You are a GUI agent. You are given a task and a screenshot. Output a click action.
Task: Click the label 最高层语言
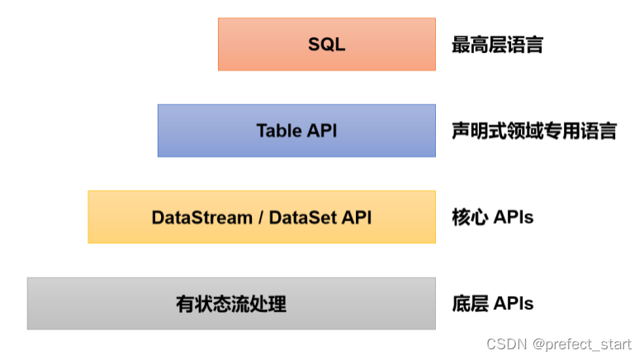[497, 45]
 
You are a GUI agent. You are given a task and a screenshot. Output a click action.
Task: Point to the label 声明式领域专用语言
[533, 130]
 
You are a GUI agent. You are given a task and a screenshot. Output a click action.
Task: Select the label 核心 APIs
[492, 217]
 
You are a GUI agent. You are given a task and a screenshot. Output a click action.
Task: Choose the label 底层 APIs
[492, 304]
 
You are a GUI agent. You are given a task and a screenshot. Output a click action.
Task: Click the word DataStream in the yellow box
[201, 217]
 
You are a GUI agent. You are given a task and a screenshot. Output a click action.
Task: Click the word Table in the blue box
[278, 130]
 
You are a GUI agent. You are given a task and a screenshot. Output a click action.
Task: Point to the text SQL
[326, 45]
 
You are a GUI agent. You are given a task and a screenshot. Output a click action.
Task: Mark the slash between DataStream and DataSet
[260, 217]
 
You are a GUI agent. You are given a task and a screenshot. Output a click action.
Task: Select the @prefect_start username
[582, 344]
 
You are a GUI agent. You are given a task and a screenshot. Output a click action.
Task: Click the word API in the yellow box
[357, 217]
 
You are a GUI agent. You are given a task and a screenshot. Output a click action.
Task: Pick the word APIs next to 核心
[513, 217]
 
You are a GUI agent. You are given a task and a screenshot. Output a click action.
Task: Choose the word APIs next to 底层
[513, 304]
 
